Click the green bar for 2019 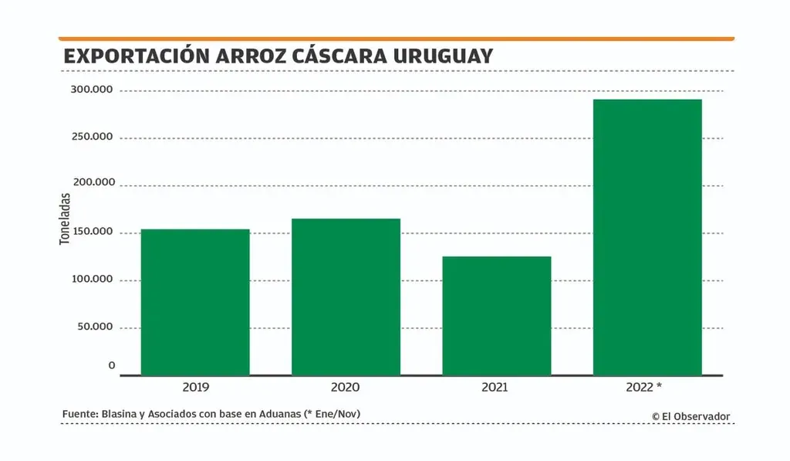coord(195,301)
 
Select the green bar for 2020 coord(346,297)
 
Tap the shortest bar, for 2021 coord(497,315)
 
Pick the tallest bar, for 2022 coord(647,237)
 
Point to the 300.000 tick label coord(91,90)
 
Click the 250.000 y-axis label coord(91,137)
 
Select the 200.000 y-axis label coord(91,184)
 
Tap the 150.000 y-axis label coord(91,232)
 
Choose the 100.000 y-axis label coord(91,280)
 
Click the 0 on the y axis coord(111,365)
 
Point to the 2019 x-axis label coord(195,387)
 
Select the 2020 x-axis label coord(346,387)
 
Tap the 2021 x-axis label coord(495,387)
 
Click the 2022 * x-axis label coord(645,387)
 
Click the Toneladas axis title coord(66,219)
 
